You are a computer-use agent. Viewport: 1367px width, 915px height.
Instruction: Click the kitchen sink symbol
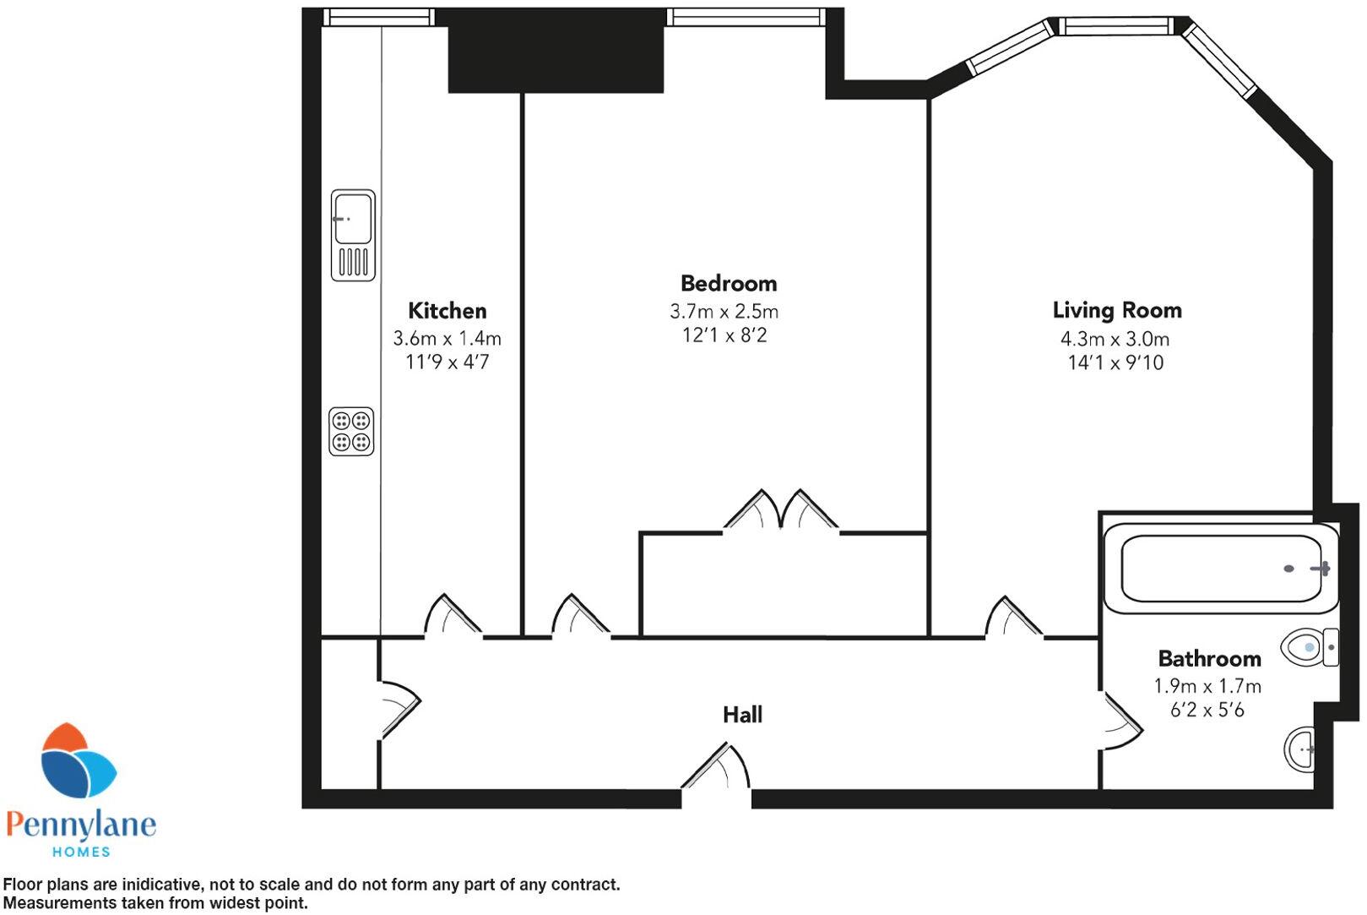pyautogui.click(x=352, y=235)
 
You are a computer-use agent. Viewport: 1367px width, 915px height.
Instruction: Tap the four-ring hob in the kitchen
pyautogui.click(x=351, y=432)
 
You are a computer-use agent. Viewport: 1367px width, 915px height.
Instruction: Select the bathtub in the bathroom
pyautogui.click(x=1221, y=569)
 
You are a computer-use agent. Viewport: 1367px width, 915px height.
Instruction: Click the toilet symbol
pyautogui.click(x=1309, y=648)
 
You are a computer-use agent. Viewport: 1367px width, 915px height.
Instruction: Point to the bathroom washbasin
pyautogui.click(x=1300, y=749)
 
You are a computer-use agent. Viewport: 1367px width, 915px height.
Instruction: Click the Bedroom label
pyautogui.click(x=728, y=283)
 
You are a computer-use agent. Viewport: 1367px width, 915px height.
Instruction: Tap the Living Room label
pyautogui.click(x=1116, y=310)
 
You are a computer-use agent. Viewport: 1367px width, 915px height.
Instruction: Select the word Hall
pyautogui.click(x=742, y=715)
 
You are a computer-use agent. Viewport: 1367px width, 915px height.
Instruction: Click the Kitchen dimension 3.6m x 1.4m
pyautogui.click(x=447, y=339)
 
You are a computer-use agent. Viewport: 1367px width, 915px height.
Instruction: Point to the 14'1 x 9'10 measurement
pyautogui.click(x=1115, y=363)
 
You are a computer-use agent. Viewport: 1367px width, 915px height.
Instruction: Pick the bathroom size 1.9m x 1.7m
pyautogui.click(x=1207, y=686)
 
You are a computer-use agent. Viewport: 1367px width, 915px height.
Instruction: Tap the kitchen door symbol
pyautogui.click(x=451, y=616)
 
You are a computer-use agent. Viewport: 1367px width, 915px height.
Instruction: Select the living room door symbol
pyautogui.click(x=1012, y=618)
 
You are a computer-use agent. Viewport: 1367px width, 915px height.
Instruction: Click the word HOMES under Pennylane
pyautogui.click(x=81, y=852)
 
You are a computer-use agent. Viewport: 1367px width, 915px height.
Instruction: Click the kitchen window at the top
pyautogui.click(x=379, y=17)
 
